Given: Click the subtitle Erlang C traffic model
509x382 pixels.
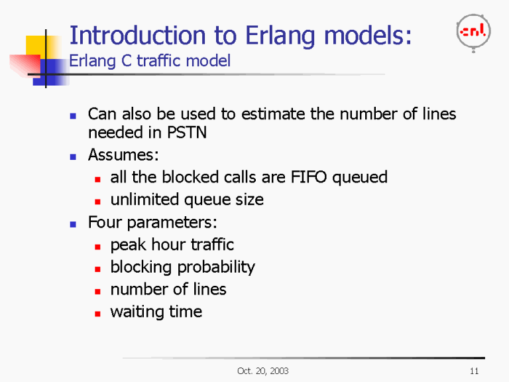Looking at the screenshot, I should tap(150, 62).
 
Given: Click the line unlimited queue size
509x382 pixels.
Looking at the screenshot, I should tap(186, 200).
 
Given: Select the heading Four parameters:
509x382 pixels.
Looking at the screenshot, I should tap(153, 222).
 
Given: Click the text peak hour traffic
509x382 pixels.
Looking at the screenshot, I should tap(172, 245).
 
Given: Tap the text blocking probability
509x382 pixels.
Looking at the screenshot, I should tap(182, 267).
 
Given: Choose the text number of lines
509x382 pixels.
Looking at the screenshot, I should tap(168, 290).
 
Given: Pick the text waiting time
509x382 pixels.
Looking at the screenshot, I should tap(156, 312).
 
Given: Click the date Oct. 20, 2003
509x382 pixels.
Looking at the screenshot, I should tap(262, 370).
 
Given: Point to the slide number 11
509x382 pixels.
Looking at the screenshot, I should tap(473, 370).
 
